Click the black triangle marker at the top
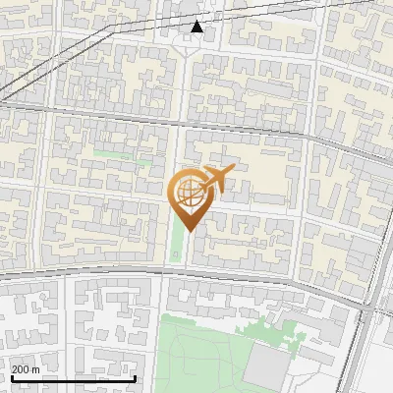pyautogui.click(x=197, y=27)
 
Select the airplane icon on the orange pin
pyautogui.click(x=215, y=180)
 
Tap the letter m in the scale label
pyautogui.click(x=36, y=369)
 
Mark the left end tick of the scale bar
pyautogui.click(x=11, y=376)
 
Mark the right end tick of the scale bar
pyautogui.click(x=134, y=376)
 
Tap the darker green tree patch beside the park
pyautogui.click(x=275, y=328)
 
